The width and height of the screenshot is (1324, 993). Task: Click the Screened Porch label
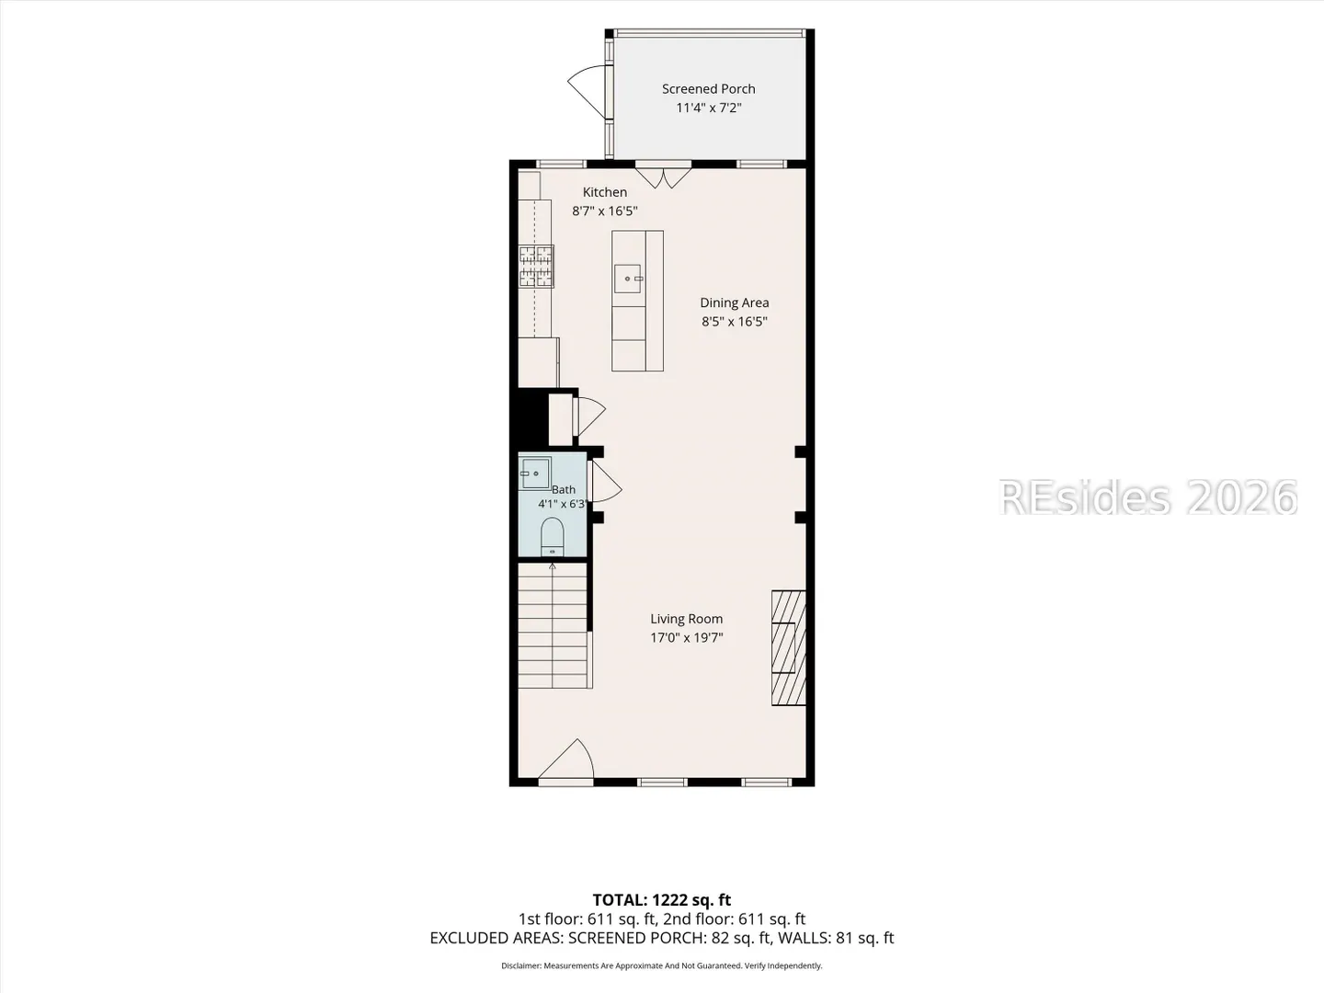point(708,89)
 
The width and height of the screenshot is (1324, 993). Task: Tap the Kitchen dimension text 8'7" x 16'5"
point(604,211)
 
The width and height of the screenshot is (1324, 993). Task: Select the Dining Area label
point(734,302)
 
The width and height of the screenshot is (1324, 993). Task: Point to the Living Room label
point(687,619)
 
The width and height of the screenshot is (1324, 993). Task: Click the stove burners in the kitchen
point(536,266)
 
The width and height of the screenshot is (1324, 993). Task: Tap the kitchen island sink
point(627,279)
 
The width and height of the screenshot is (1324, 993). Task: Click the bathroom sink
point(535,474)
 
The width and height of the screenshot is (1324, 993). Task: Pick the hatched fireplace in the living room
point(788,647)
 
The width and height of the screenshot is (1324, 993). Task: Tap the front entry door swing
point(565,759)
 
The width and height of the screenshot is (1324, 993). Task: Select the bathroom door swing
point(605,482)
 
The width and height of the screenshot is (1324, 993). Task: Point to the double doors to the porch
point(663,177)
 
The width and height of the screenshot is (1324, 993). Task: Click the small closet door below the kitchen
point(590,416)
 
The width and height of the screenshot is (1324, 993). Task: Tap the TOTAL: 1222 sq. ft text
point(662,900)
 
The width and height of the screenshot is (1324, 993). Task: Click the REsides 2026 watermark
point(1147,497)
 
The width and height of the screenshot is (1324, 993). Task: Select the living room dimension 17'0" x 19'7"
point(687,637)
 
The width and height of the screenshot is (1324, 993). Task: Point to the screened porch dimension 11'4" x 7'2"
point(708,108)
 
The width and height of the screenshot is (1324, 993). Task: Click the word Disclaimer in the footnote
point(521,965)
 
